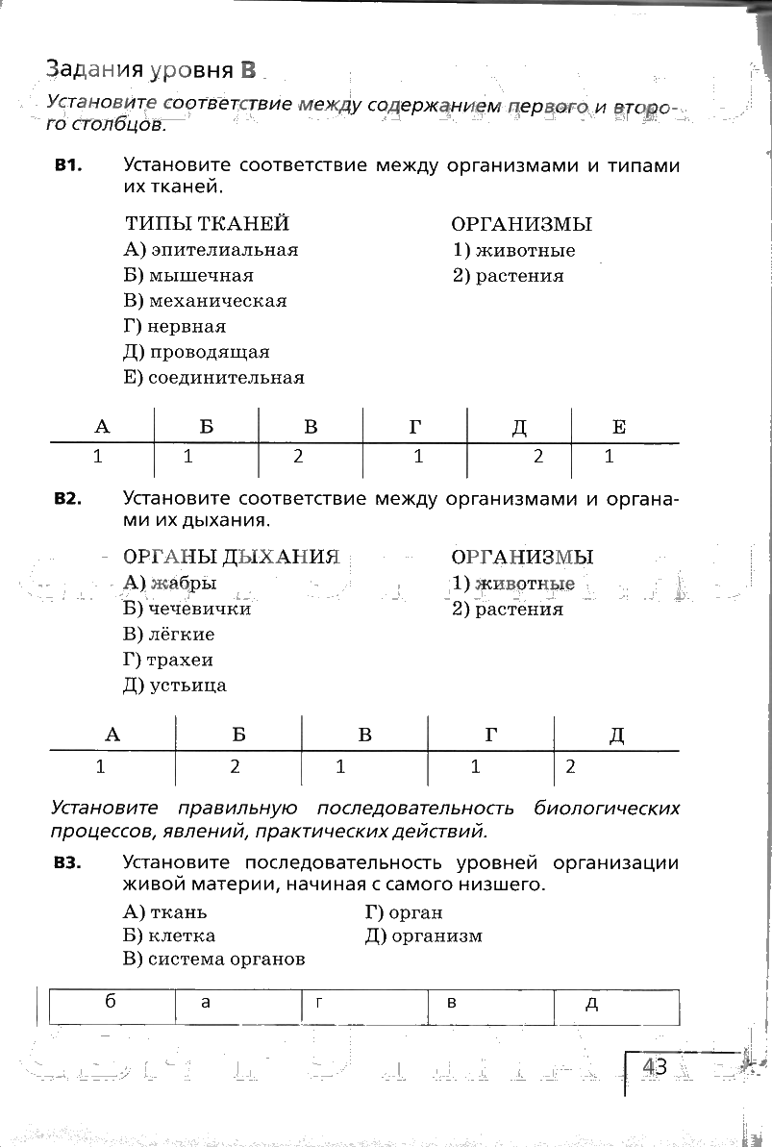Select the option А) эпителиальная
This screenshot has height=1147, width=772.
tap(212, 250)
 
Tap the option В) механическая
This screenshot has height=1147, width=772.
tap(206, 301)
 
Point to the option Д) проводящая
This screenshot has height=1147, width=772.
tap(197, 352)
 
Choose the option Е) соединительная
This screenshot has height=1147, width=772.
tap(214, 378)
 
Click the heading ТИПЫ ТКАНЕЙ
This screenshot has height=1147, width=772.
tap(207, 224)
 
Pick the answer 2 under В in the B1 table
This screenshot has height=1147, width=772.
tap(298, 458)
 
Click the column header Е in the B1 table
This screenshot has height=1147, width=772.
tap(619, 428)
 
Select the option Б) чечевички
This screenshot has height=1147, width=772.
tap(187, 609)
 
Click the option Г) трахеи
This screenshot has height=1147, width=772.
tap(169, 661)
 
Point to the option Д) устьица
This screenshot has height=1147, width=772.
tap(176, 686)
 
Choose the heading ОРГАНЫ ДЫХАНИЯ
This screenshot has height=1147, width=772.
tap(232, 558)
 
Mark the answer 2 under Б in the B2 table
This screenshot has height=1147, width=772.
tap(235, 767)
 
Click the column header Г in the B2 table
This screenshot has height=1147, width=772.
tap(491, 736)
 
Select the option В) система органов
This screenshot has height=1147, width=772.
tap(214, 959)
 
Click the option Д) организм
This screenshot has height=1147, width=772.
tap(424, 935)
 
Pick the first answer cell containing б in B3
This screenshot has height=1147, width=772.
tap(112, 1004)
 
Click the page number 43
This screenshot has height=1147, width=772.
tap(656, 1067)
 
